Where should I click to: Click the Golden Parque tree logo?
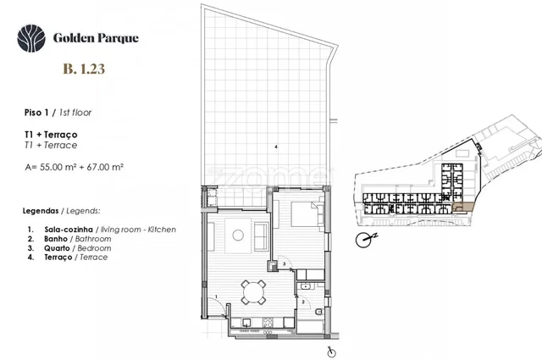(31, 38)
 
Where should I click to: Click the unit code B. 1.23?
(84, 69)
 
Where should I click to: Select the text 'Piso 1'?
(36, 113)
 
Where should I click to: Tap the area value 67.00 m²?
(105, 167)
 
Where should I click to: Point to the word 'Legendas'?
(41, 211)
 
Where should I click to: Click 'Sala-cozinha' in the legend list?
(69, 230)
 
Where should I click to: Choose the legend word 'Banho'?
(56, 239)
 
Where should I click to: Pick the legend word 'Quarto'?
(57, 248)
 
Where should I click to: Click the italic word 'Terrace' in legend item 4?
(94, 257)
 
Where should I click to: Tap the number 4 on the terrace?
(276, 147)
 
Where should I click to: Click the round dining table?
(253, 292)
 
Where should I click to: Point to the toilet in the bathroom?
(319, 312)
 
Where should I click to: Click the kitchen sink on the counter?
(246, 322)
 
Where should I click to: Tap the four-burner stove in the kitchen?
(268, 322)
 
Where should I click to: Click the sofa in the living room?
(261, 236)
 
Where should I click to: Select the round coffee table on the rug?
(238, 235)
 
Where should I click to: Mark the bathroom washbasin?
(305, 286)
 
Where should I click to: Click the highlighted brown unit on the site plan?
(463, 208)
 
